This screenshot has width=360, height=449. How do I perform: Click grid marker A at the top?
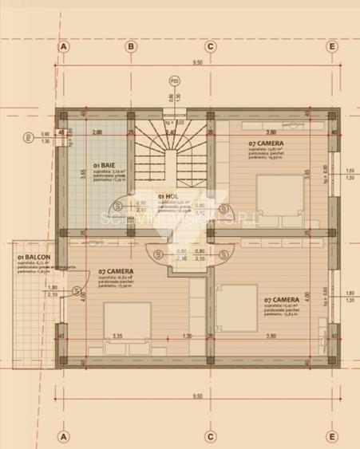point(63,46)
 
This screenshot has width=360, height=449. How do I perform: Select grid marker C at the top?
point(210,46)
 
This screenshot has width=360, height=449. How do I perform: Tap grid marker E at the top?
point(331,46)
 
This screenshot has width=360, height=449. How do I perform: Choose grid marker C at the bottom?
point(210,436)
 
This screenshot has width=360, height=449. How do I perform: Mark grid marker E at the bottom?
point(331,436)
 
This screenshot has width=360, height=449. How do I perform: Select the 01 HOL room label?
point(167,195)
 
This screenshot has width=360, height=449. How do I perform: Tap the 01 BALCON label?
point(28,256)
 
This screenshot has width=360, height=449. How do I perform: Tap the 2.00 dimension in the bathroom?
point(97,131)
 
